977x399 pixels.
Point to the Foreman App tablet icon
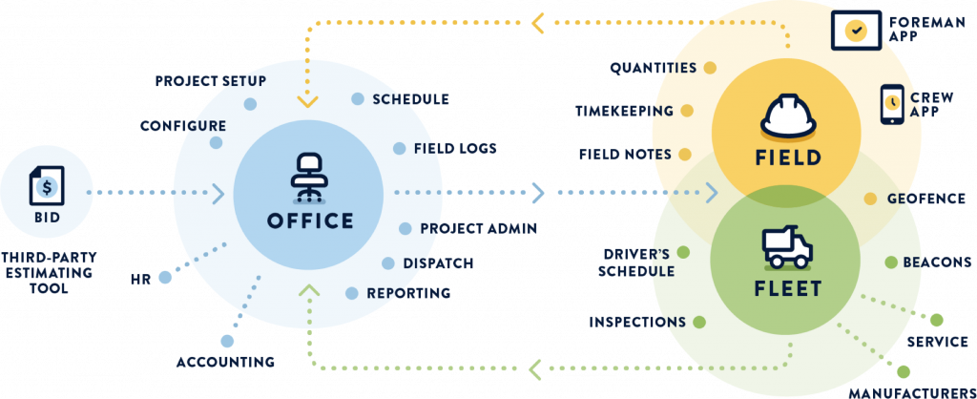pos(857,30)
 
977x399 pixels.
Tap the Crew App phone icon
pos(891,104)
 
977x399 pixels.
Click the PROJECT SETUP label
pos(211,81)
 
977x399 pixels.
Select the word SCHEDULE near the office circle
pos(410,99)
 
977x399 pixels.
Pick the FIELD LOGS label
pos(455,149)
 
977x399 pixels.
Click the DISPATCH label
pos(438,263)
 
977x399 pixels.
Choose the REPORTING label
pos(408,293)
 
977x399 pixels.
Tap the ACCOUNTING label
pos(225,362)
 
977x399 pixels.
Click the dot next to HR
pos(165,278)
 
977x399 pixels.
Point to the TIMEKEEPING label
pos(624,111)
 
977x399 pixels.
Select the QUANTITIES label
pos(654,68)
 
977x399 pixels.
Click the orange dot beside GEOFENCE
pos(870,199)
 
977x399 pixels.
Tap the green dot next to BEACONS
pos(890,262)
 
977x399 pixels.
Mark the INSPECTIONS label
pos(637,322)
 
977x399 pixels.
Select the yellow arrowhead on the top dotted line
pos(537,22)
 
